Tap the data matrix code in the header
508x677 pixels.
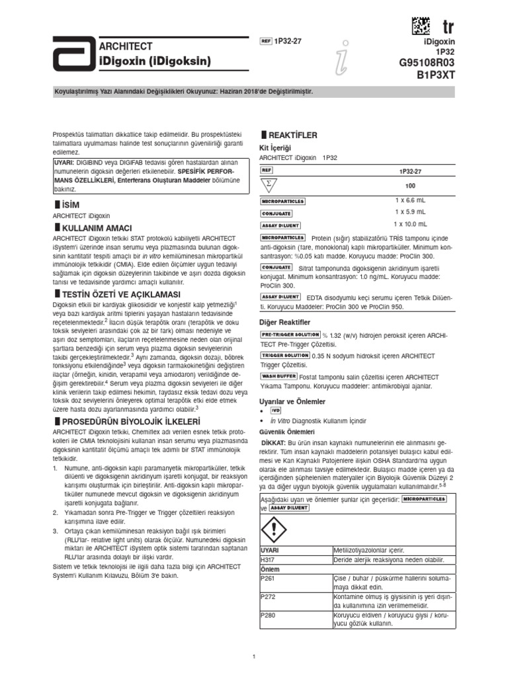click(x=420, y=26)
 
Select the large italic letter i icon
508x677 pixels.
click(x=341, y=60)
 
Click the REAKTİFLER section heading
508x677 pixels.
click(x=292, y=135)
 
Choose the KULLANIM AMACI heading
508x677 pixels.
click(x=93, y=227)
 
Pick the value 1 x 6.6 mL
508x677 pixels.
click(x=410, y=200)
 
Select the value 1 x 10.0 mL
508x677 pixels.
click(x=410, y=225)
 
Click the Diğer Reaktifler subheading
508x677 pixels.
click(x=285, y=321)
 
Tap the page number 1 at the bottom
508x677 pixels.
click(x=254, y=656)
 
